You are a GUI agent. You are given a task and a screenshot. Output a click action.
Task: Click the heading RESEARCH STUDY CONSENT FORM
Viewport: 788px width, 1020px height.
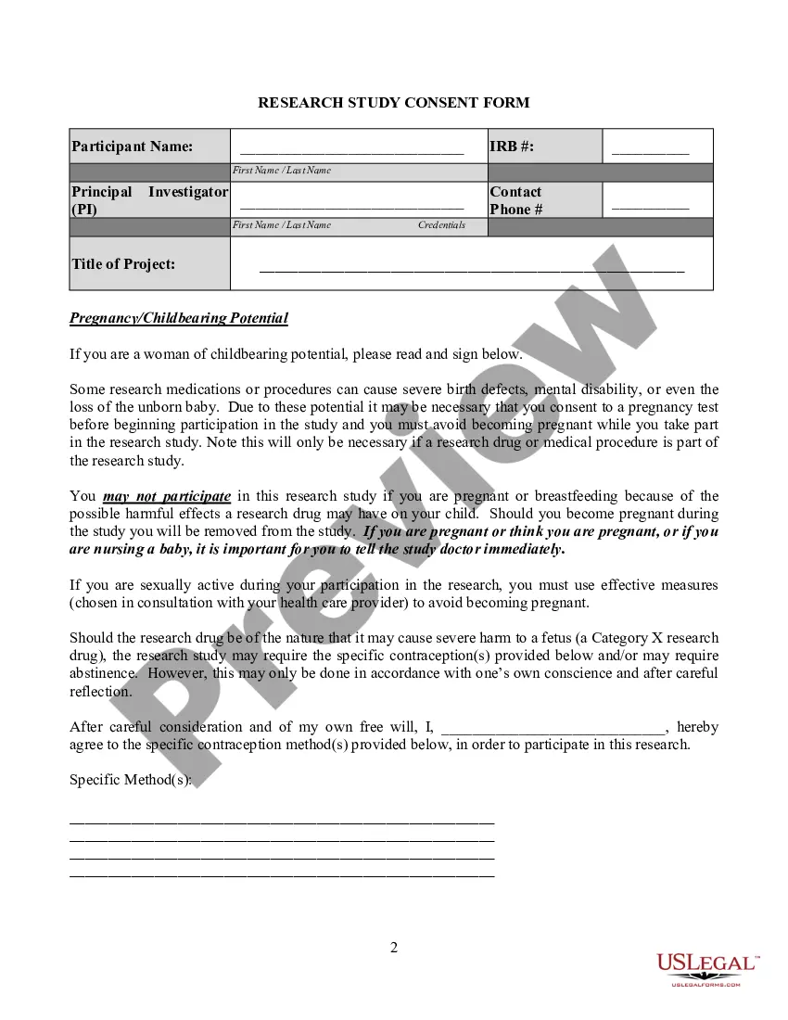(x=393, y=102)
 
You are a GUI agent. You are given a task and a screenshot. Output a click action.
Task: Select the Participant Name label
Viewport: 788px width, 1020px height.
(x=133, y=147)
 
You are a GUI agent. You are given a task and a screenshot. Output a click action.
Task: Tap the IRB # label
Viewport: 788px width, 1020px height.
(x=512, y=147)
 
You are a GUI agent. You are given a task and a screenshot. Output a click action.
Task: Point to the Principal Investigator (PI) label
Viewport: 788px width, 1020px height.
(x=149, y=200)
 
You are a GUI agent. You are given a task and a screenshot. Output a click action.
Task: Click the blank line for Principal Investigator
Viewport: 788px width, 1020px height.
(x=351, y=207)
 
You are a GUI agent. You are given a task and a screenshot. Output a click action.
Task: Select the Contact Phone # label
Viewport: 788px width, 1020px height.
(x=516, y=200)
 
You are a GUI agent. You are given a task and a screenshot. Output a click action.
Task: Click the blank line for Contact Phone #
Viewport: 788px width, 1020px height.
(x=650, y=207)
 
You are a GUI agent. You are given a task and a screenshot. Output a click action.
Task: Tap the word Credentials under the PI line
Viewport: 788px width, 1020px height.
(x=441, y=225)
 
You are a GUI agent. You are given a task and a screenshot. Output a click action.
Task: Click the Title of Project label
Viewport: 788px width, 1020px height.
(x=123, y=264)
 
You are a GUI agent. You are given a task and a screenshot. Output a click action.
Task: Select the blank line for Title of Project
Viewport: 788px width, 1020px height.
(x=471, y=269)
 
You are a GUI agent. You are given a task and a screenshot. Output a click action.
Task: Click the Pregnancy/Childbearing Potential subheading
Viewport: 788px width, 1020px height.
(x=179, y=318)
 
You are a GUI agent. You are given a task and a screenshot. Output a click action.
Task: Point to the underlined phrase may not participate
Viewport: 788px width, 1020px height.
(x=167, y=496)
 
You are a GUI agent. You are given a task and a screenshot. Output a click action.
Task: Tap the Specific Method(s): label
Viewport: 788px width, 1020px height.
(x=131, y=780)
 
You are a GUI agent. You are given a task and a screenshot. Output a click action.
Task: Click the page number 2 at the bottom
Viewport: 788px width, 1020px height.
(x=394, y=947)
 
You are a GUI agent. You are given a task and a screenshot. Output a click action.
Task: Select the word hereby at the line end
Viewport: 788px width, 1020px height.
(x=697, y=727)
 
